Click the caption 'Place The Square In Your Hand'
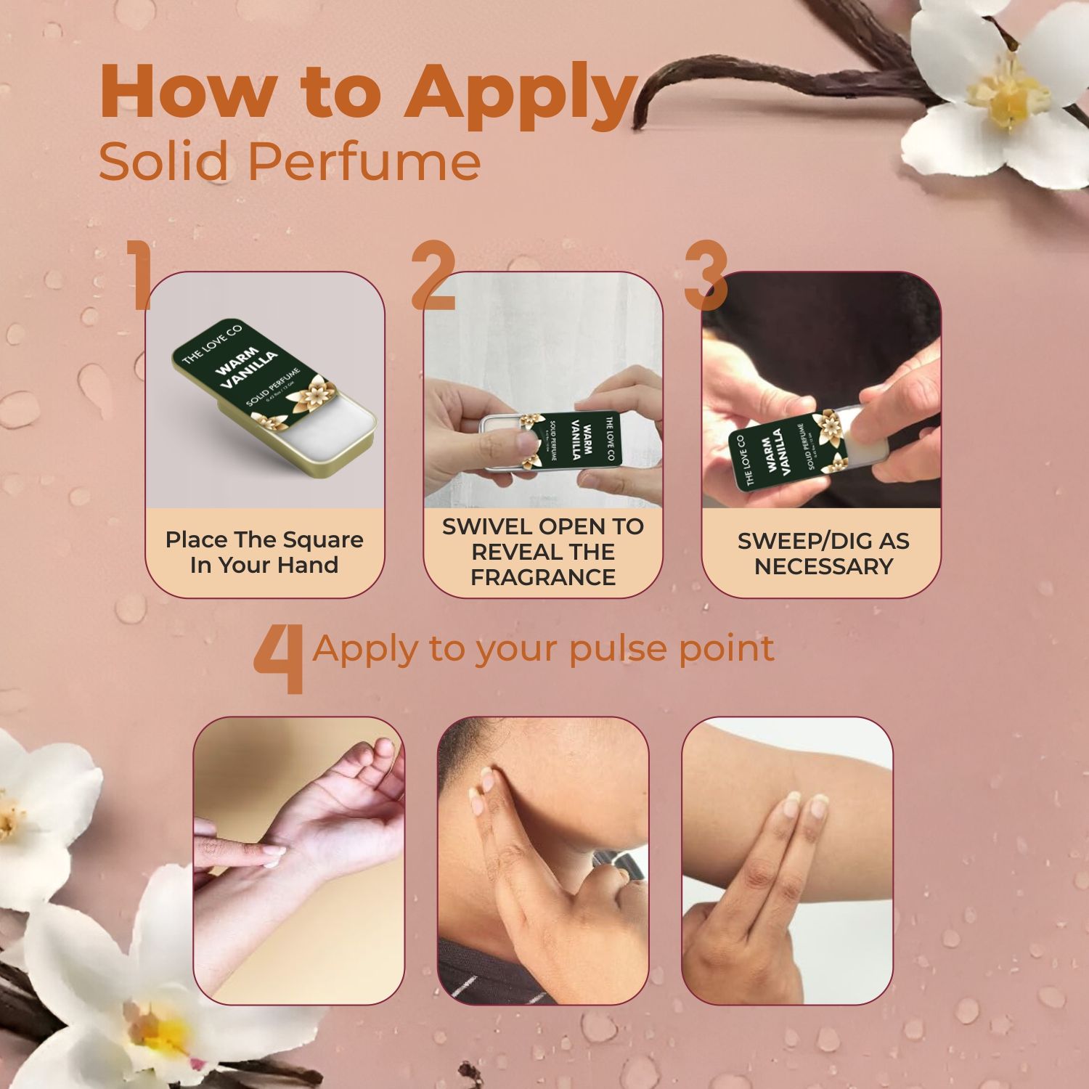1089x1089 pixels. coord(264,552)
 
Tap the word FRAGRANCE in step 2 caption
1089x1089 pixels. coord(543,577)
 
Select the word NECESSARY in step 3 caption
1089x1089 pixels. coord(823,566)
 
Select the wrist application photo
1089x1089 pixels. coord(298,860)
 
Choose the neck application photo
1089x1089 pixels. coord(543,860)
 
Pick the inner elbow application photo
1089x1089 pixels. coord(787,860)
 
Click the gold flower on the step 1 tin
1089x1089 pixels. coord(317,393)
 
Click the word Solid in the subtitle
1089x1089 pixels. coord(164,161)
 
